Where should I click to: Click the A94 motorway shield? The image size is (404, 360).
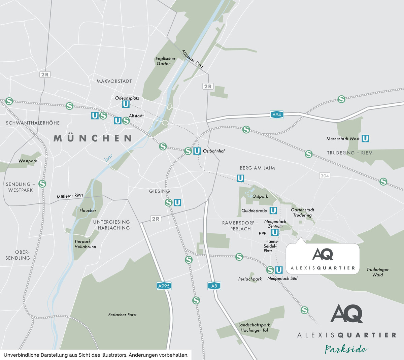click(x=276, y=115)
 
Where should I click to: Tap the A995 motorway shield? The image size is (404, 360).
click(x=164, y=286)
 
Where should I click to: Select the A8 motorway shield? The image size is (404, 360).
click(x=214, y=286)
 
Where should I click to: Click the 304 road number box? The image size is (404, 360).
click(x=325, y=176)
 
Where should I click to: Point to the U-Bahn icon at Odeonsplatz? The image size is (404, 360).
click(x=126, y=104)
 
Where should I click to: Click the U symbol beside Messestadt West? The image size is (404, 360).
click(x=365, y=138)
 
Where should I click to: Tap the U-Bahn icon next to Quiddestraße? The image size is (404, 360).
click(x=273, y=210)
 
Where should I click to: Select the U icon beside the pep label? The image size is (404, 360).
click(x=275, y=232)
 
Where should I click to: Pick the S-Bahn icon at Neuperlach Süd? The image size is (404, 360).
click(x=270, y=270)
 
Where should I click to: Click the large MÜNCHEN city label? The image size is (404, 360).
click(x=93, y=138)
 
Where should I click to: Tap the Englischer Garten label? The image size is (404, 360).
click(x=165, y=61)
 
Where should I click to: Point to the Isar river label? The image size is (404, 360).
click(x=108, y=158)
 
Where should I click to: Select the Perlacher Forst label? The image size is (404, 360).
click(x=122, y=315)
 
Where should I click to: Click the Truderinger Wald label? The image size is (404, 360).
click(x=377, y=272)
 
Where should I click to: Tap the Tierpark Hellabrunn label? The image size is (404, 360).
click(x=85, y=244)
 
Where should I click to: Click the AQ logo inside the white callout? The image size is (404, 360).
click(x=323, y=254)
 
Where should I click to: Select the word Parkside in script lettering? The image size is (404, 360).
click(x=346, y=349)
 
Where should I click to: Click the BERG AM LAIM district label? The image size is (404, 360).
click(x=257, y=168)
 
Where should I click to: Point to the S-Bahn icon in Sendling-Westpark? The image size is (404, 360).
click(x=42, y=184)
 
